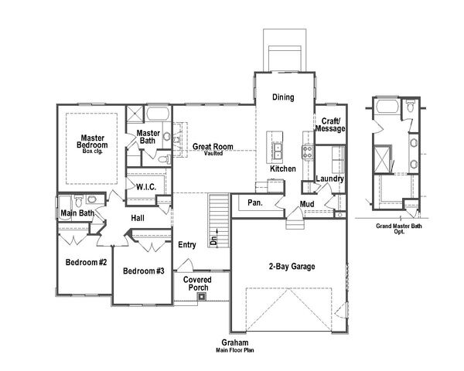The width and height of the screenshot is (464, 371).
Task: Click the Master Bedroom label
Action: click(x=92, y=142)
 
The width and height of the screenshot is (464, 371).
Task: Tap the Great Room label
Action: click(x=213, y=147)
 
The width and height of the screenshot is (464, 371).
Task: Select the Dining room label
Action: click(x=283, y=97)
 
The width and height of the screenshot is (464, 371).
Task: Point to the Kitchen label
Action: click(x=283, y=168)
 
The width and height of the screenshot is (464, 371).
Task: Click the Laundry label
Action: click(x=330, y=179)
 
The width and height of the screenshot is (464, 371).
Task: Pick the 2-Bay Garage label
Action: click(x=292, y=267)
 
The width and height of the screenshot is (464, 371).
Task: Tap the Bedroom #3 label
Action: click(x=144, y=271)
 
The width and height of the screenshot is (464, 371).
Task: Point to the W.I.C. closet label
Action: click(x=147, y=187)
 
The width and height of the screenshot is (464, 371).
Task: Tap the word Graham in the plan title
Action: click(x=234, y=342)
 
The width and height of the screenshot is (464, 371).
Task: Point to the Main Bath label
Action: click(x=77, y=213)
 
